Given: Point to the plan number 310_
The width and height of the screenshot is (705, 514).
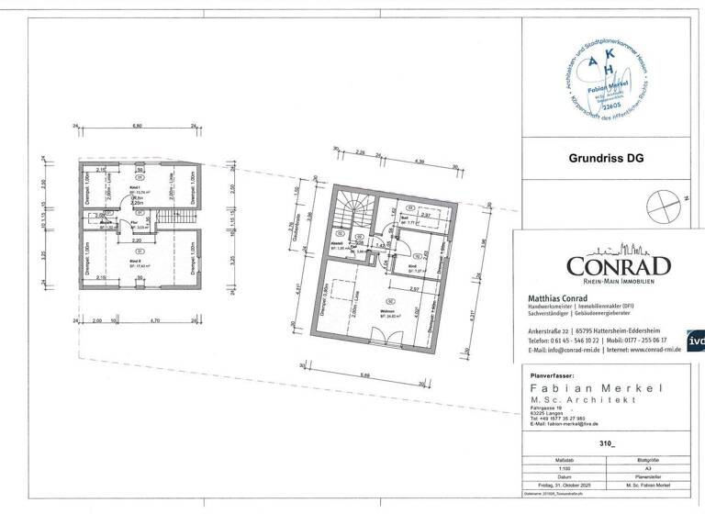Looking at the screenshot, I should (605, 442).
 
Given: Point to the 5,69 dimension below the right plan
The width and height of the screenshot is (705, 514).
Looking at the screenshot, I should (365, 374).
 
